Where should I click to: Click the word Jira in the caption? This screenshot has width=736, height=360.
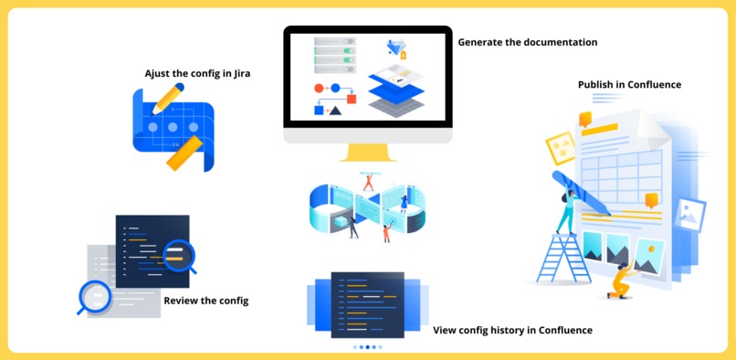pos(240,73)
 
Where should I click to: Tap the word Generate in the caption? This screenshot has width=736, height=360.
pos(482,42)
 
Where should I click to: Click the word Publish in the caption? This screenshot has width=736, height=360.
pos(599,85)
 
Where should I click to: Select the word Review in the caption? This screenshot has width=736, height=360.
pos(183,301)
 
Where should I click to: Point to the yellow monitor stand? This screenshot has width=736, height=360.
pos(367,151)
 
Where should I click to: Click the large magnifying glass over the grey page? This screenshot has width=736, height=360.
pos(93,295)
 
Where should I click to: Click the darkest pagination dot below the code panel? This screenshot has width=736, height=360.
pos(367,347)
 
